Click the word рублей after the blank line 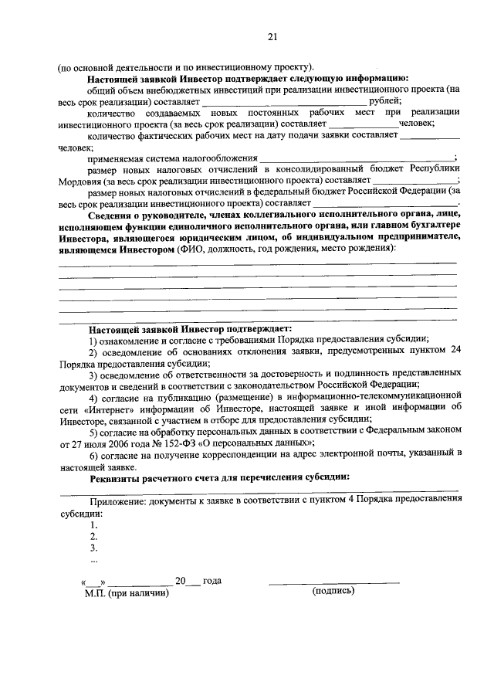(x=385, y=100)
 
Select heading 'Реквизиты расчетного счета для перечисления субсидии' (x=219, y=477)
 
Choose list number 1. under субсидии (x=93, y=524)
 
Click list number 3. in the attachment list (x=93, y=547)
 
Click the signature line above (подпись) (x=333, y=582)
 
